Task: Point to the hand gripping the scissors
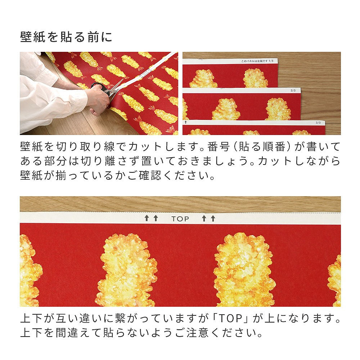click(97, 99)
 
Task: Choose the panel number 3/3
click(318, 123)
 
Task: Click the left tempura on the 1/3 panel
click(203, 79)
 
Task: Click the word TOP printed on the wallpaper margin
click(180, 219)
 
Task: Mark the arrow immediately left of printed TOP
click(156, 218)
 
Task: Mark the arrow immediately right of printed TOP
click(203, 218)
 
